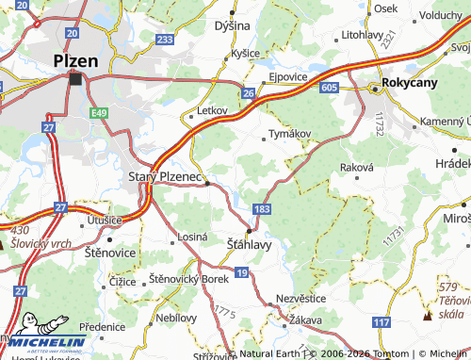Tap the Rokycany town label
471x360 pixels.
(411, 82)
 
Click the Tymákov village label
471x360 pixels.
(290, 133)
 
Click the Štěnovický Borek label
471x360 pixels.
(188, 280)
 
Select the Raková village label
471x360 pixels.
(357, 166)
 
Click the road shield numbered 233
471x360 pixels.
(165, 39)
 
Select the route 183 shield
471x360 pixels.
(260, 207)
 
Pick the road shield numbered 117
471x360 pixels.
(381, 322)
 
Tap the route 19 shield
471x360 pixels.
(242, 272)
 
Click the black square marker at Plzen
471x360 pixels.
(75, 79)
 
